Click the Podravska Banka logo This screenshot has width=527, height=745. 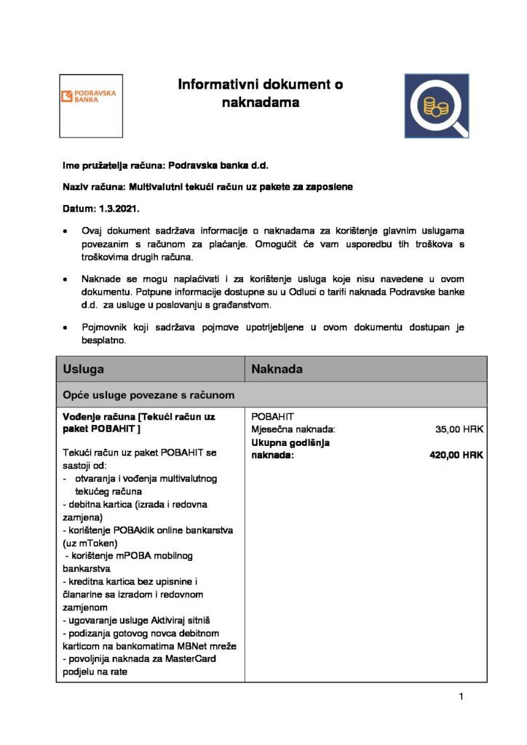[91, 105]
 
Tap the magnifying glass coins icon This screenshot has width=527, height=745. [437, 106]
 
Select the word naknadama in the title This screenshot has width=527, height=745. [261, 103]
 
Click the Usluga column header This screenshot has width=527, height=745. [83, 369]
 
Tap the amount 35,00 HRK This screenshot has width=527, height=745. [459, 429]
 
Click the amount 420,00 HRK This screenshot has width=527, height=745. [456, 455]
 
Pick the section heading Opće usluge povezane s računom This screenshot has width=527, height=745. [148, 395]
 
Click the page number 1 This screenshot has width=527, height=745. [461, 697]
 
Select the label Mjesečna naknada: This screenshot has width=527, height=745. [293, 429]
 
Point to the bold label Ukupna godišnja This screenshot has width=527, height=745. [290, 442]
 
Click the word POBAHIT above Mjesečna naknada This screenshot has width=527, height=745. [272, 417]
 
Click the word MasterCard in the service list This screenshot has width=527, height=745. [191, 659]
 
